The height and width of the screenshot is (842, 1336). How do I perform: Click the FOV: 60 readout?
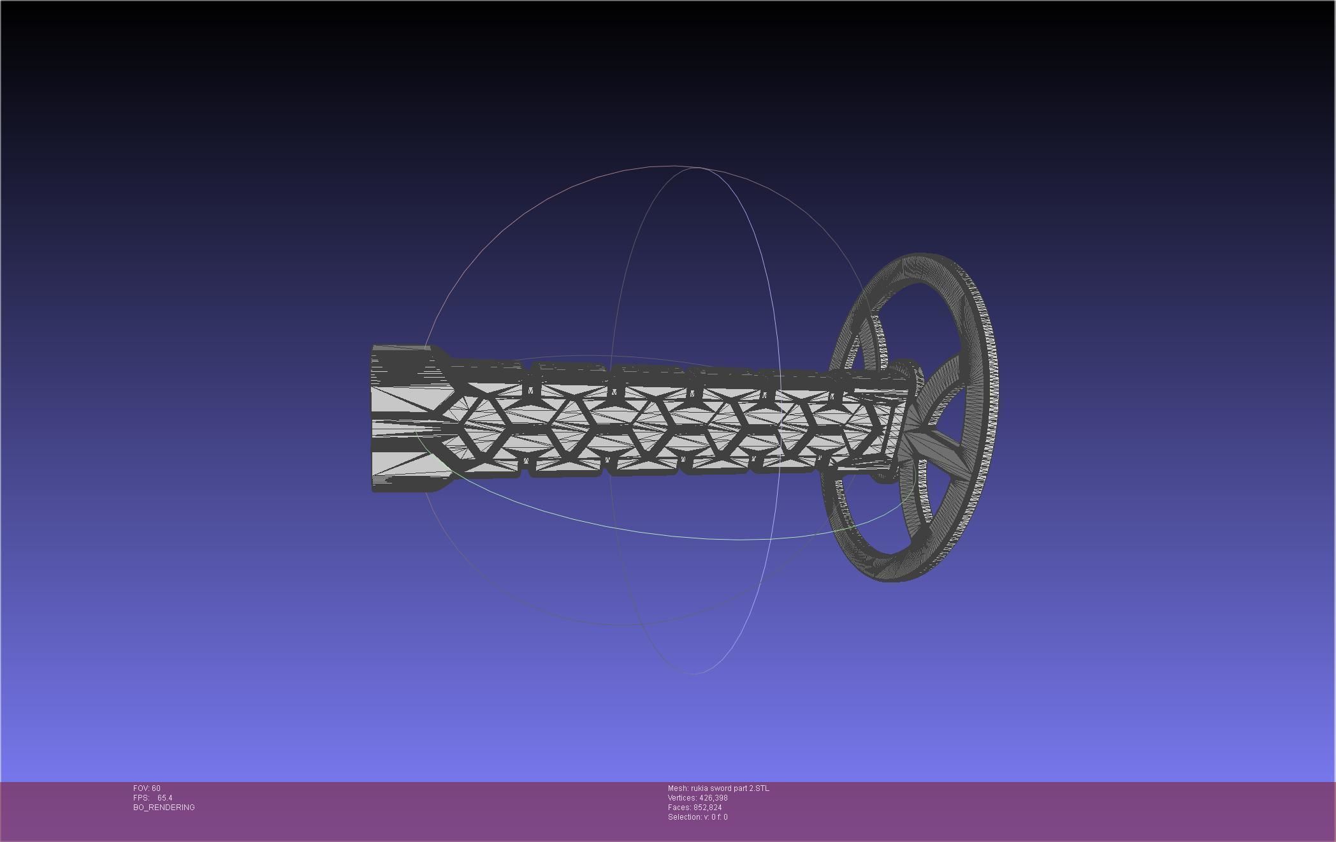[x=147, y=788]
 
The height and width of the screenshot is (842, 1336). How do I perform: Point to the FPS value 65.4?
[x=164, y=798]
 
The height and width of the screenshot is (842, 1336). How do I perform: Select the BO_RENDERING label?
[x=164, y=808]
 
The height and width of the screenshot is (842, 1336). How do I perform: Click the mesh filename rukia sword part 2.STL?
[x=730, y=788]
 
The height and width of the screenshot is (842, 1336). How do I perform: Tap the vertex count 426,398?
[x=713, y=798]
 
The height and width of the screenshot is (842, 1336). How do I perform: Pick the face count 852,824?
[x=708, y=808]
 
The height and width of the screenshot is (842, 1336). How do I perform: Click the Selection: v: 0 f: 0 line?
[x=697, y=817]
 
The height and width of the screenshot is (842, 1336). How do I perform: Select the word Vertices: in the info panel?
[x=682, y=798]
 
